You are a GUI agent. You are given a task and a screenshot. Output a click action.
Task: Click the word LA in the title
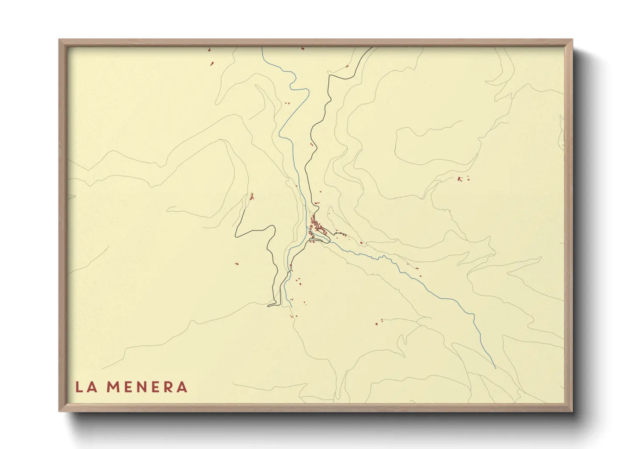click(85, 387)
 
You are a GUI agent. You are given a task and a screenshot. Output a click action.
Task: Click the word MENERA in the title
click(146, 387)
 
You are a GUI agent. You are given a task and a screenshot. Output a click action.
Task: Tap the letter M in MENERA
click(113, 387)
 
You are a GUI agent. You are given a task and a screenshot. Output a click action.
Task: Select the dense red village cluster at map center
click(317, 225)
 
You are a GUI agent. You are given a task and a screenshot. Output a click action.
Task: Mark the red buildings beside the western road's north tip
click(252, 196)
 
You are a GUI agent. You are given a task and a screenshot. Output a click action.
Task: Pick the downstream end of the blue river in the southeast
click(495, 368)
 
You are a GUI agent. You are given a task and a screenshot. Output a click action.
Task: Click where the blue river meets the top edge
click(262, 48)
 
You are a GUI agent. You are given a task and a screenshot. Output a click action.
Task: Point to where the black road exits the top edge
click(372, 48)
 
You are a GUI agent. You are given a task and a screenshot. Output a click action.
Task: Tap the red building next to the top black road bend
click(348, 66)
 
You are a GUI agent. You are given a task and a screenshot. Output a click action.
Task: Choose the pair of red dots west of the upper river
click(286, 103)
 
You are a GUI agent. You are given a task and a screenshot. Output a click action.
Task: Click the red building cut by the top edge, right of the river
click(303, 48)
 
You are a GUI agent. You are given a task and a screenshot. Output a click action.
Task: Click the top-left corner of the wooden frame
click(59, 40)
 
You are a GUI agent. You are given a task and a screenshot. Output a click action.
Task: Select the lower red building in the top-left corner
click(212, 64)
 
